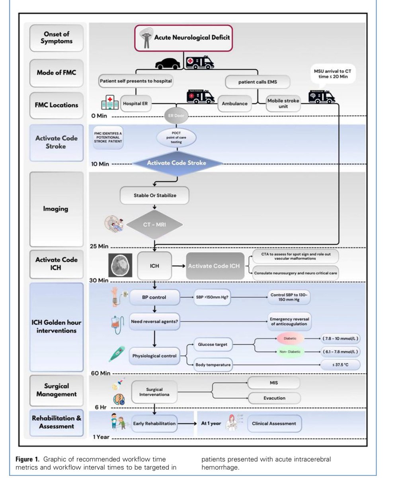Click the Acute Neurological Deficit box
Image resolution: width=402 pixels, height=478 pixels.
183,38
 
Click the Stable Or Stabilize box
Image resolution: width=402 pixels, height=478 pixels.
154,196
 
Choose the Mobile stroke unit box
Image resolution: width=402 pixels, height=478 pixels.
283,104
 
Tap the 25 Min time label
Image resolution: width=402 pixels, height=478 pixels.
99,247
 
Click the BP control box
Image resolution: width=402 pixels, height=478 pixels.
154,297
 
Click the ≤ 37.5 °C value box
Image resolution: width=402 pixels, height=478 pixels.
341,364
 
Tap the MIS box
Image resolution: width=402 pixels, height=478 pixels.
274,383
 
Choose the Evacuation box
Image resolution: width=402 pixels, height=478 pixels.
274,398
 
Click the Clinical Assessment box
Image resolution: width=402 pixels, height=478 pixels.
274,423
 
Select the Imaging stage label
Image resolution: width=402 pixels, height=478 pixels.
56,209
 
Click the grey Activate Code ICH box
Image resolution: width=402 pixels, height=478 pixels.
214,266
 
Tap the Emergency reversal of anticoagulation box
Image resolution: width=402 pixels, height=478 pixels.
289,322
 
